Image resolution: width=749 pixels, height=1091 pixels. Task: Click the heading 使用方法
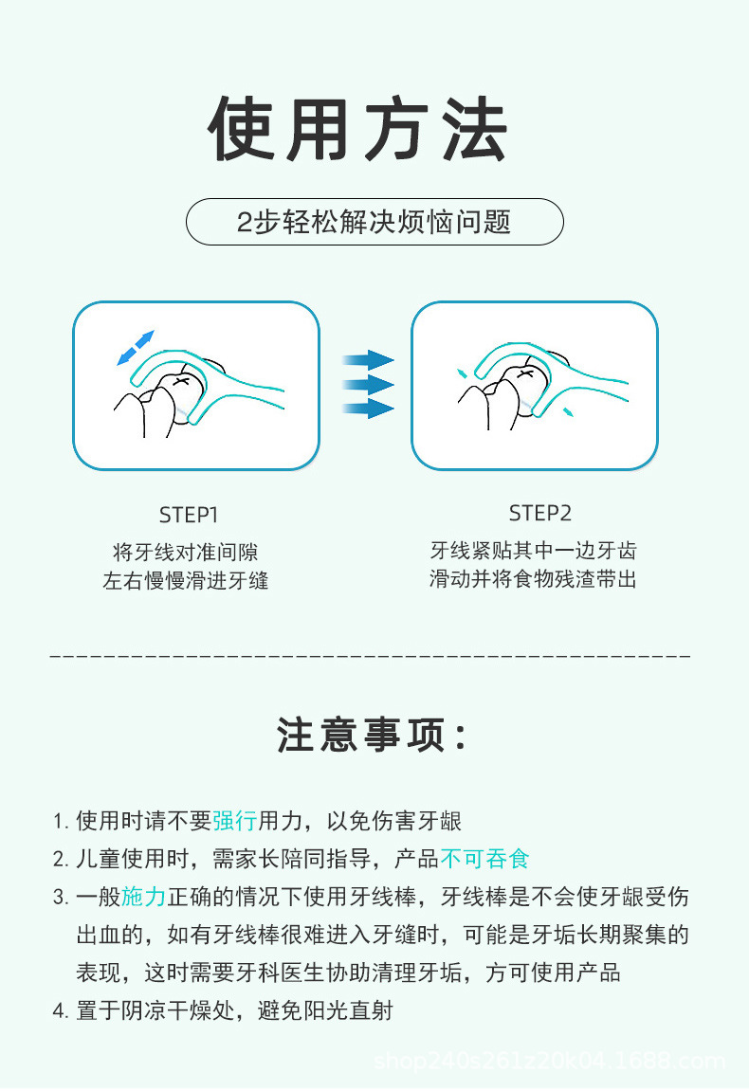pos(358,130)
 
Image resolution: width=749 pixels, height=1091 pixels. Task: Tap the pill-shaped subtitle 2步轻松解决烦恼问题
pos(374,222)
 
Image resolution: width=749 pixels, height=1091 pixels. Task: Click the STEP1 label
pos(189,515)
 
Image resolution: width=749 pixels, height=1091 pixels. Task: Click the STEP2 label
pos(540,513)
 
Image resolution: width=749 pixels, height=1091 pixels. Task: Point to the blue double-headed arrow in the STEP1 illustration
pos(134,347)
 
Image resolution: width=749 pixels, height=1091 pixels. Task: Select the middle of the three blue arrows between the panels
pos(368,384)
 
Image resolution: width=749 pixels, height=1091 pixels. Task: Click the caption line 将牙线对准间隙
pos(186,552)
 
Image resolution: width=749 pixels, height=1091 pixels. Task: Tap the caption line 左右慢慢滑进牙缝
pos(186,580)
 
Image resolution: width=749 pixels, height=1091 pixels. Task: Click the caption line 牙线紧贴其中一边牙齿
pos(533,550)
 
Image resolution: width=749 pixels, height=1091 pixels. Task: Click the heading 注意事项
pos(373,736)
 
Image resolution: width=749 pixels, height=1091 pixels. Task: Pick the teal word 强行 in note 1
pos(234,821)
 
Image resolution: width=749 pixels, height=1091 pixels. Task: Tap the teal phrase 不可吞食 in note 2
pos(484,859)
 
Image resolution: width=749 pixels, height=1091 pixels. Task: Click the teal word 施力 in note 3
pos(144,897)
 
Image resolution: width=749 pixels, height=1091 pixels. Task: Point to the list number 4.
pos(59,1011)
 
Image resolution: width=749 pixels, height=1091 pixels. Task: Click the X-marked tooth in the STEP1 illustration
pos(183,381)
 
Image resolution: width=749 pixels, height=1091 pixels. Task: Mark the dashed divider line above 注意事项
pos(370,656)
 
